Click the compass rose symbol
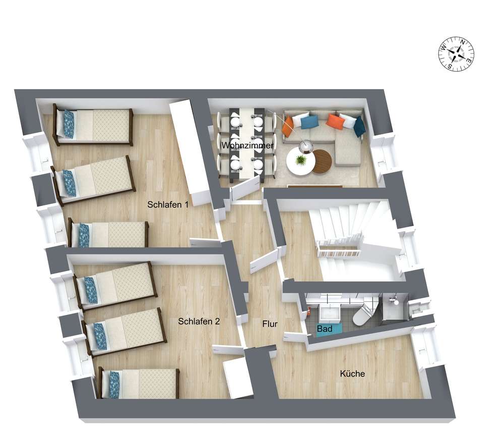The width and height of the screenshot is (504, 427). pyautogui.click(x=456, y=54)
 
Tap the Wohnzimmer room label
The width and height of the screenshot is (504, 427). pyautogui.click(x=247, y=145)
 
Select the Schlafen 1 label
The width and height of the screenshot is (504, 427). pyautogui.click(x=168, y=204)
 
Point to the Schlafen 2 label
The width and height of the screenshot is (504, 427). pyautogui.click(x=199, y=321)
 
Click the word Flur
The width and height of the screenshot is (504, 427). pyautogui.click(x=270, y=324)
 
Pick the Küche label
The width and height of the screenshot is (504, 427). pyautogui.click(x=352, y=373)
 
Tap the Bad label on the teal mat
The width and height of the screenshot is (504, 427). pyautogui.click(x=324, y=329)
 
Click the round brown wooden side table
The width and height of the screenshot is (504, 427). pyautogui.click(x=322, y=162)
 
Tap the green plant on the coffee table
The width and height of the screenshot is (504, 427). pyautogui.click(x=300, y=159)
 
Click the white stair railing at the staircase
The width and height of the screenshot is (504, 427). pyautogui.click(x=338, y=249)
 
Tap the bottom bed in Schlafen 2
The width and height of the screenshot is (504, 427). pyautogui.click(x=138, y=383)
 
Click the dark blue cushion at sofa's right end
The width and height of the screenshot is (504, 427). pyautogui.click(x=359, y=127)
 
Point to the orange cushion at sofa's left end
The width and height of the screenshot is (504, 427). pyautogui.click(x=288, y=126)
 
